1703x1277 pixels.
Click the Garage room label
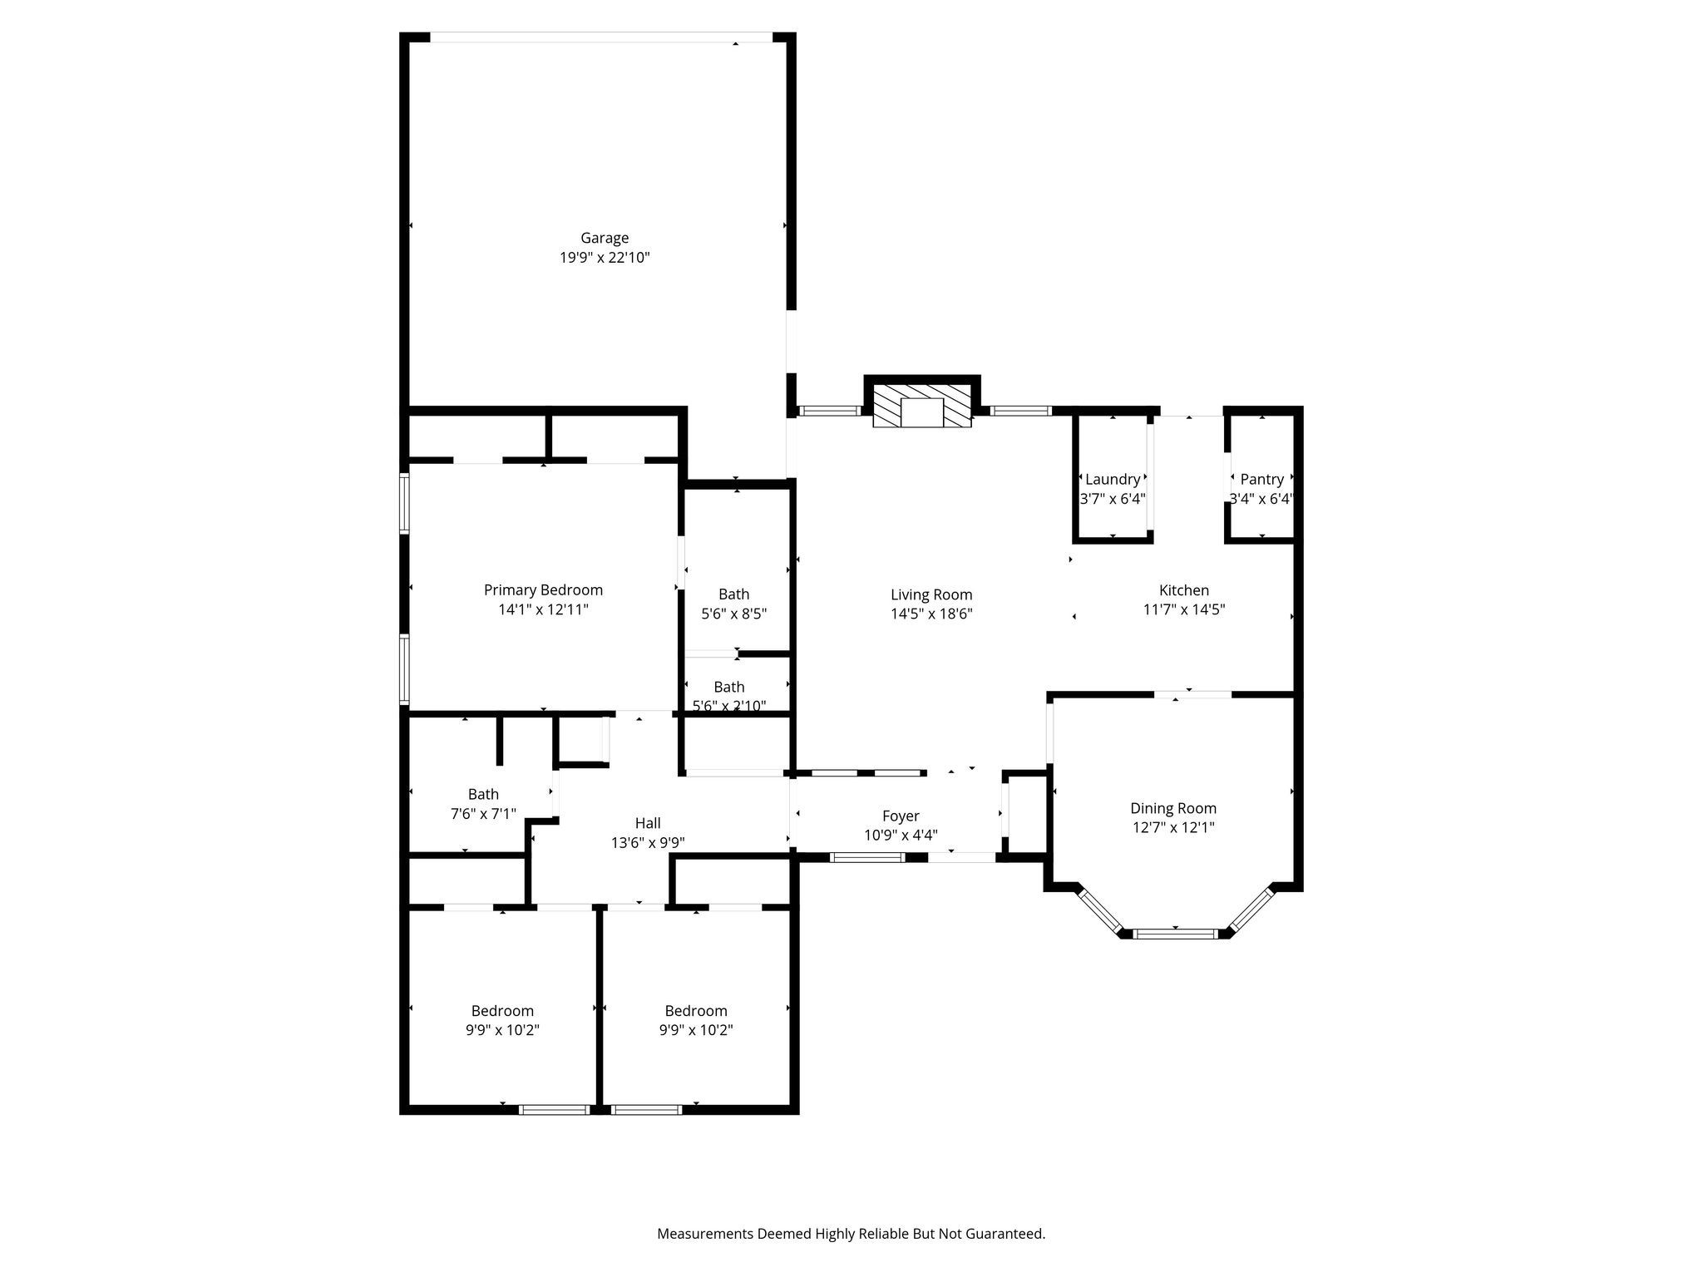pos(605,239)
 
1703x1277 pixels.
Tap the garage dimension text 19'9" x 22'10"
pos(605,259)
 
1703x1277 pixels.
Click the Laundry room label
pos(1113,480)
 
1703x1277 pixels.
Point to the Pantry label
pos(1261,480)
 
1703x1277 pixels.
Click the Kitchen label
pos(1184,591)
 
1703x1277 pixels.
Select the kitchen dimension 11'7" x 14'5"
pos(1184,610)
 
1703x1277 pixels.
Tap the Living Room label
pos(931,595)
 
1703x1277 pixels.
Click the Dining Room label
pos(1172,809)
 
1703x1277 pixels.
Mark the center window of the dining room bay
pos(1176,934)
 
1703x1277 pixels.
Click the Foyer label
pos(901,817)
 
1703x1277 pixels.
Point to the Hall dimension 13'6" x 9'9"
pos(648,843)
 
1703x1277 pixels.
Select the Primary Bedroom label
pos(543,590)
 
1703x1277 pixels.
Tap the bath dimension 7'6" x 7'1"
pos(483,815)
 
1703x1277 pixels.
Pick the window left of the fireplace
pos(829,411)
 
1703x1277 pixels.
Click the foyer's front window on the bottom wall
pos(866,858)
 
